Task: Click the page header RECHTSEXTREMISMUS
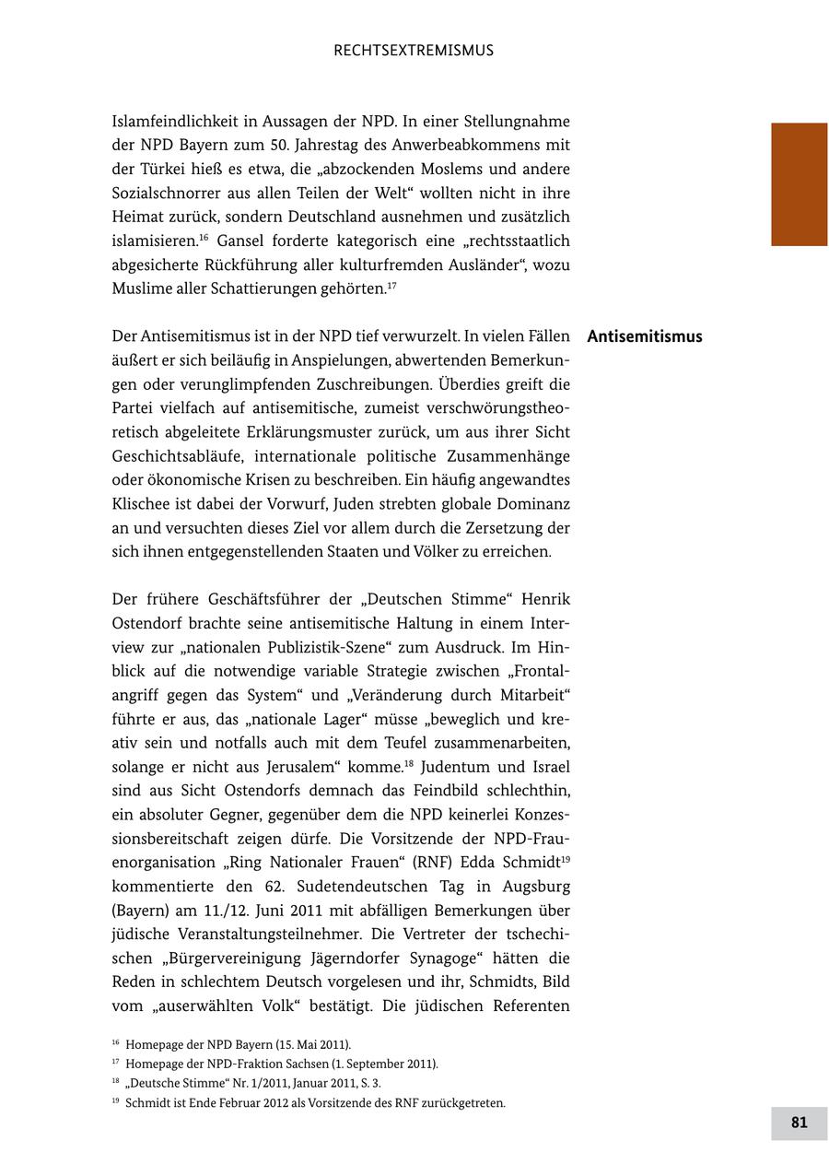coord(414,51)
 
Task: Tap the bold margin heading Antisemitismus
coord(644,336)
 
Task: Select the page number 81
coord(799,1123)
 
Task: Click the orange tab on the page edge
coord(799,184)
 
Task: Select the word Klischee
coord(141,504)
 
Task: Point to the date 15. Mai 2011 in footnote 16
coord(313,1044)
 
